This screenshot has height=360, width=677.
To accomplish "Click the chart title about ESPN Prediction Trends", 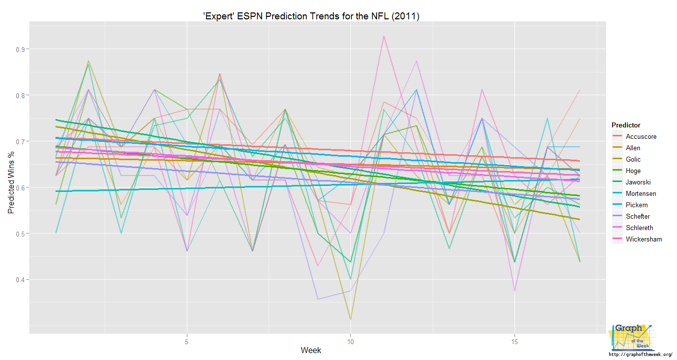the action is point(311,16).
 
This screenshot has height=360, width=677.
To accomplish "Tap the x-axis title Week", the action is point(311,350).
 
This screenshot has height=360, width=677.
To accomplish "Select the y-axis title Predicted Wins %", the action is point(11,182).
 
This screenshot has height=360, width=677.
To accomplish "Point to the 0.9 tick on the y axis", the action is point(20,49).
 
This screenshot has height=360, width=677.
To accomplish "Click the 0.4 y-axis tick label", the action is point(20,280).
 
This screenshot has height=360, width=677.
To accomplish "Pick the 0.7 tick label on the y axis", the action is point(20,141).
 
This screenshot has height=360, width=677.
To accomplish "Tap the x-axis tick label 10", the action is point(350,342).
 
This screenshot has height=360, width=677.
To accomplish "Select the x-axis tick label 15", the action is point(514,342).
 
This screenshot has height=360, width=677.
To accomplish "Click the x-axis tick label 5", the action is point(187,342).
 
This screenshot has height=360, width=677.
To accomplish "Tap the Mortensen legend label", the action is point(641,193).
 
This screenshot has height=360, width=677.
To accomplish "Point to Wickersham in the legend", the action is point(644,239).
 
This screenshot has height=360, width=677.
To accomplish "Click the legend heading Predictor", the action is point(626,125).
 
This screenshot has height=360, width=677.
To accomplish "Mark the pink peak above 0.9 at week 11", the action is point(384,36).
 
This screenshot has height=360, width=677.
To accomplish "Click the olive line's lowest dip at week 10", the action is point(350,319).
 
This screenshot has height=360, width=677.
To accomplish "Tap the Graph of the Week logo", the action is point(631,337).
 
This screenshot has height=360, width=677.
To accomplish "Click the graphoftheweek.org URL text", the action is point(640,355).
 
